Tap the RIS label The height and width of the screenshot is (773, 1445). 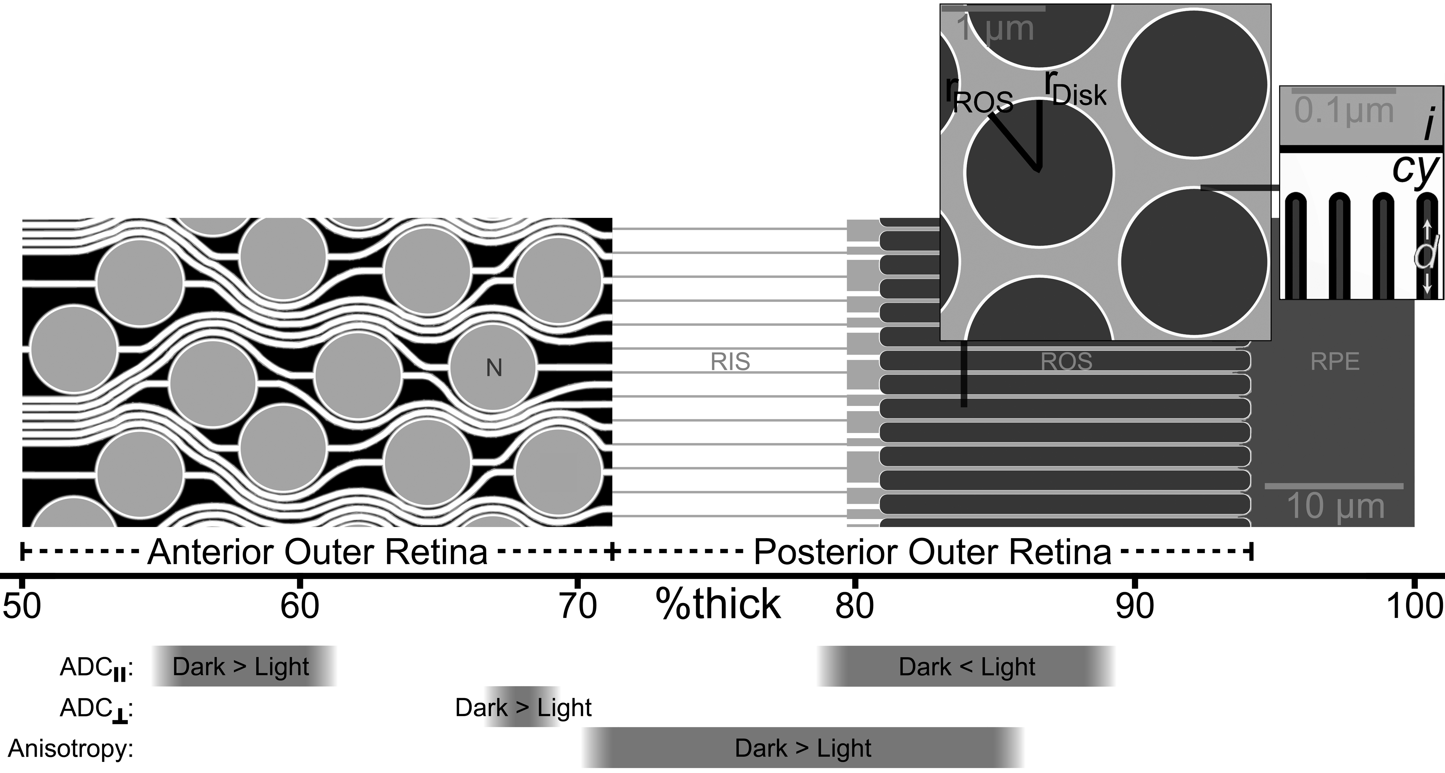click(730, 362)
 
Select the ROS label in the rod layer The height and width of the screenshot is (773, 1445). click(1066, 362)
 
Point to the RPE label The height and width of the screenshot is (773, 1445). click(1335, 362)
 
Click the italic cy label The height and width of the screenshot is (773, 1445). click(1415, 169)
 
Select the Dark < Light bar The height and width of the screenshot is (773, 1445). click(966, 666)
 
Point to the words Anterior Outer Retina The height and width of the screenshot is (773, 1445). click(318, 552)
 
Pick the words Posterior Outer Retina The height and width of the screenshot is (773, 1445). click(932, 552)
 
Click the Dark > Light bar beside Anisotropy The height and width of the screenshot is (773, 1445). click(803, 748)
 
